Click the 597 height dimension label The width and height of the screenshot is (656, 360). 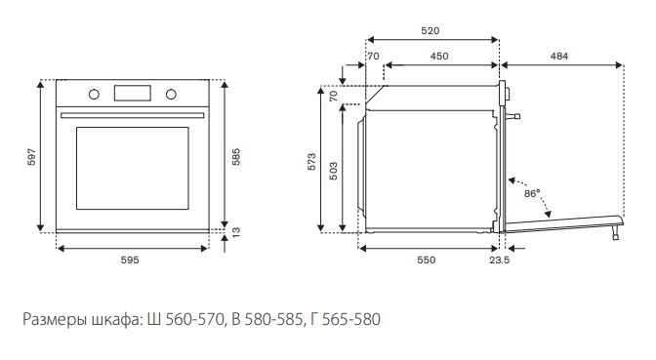(32, 157)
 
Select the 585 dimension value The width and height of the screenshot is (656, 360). (236, 157)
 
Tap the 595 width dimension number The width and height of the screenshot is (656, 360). (130, 260)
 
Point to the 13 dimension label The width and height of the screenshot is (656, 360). (236, 232)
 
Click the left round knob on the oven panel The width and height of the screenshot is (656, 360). (94, 94)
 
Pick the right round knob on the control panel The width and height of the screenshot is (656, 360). (171, 94)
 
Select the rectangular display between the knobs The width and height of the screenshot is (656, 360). (133, 93)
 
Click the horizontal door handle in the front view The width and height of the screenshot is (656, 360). (133, 115)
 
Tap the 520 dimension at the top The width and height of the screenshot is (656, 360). (430, 30)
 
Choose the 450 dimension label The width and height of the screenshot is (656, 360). (439, 56)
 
